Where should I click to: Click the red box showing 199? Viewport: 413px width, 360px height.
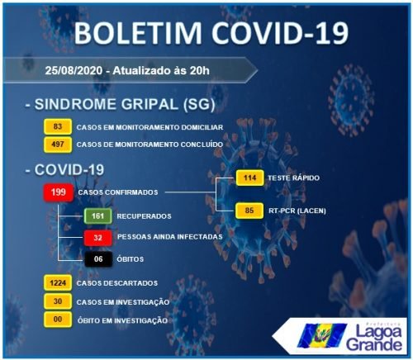click(59, 192)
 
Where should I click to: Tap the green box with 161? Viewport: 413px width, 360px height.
click(98, 216)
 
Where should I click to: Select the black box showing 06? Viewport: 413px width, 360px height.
click(98, 259)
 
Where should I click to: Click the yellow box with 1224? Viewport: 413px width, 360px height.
click(58, 282)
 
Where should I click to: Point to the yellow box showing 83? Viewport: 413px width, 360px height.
click(58, 126)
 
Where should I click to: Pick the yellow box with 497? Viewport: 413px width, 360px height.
click(58, 144)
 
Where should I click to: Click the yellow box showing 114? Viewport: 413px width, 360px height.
click(249, 178)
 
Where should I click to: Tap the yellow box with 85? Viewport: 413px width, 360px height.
click(249, 211)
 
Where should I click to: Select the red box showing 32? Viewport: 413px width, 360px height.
click(98, 238)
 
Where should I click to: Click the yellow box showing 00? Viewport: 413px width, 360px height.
click(58, 320)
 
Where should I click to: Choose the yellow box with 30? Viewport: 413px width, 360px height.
click(58, 301)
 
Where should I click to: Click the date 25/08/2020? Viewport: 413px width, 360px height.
click(74, 70)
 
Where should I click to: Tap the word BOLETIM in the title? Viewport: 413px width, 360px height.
click(138, 32)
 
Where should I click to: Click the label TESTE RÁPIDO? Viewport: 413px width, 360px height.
click(294, 178)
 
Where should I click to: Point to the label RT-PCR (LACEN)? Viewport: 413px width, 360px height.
click(297, 211)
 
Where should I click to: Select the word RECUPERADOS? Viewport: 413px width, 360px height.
click(144, 216)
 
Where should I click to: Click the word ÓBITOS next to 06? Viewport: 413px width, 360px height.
click(131, 259)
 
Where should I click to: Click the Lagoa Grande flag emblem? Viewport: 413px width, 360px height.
click(322, 336)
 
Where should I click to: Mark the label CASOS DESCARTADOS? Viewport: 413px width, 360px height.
click(117, 283)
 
